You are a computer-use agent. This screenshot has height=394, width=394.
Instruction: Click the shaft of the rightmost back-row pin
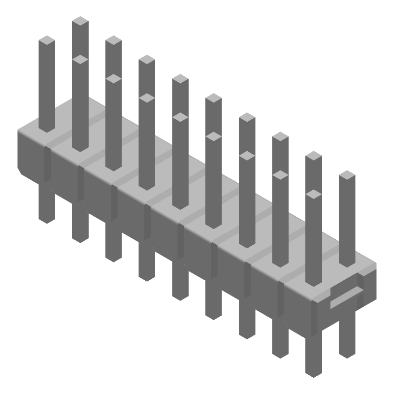click(x=347, y=222)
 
